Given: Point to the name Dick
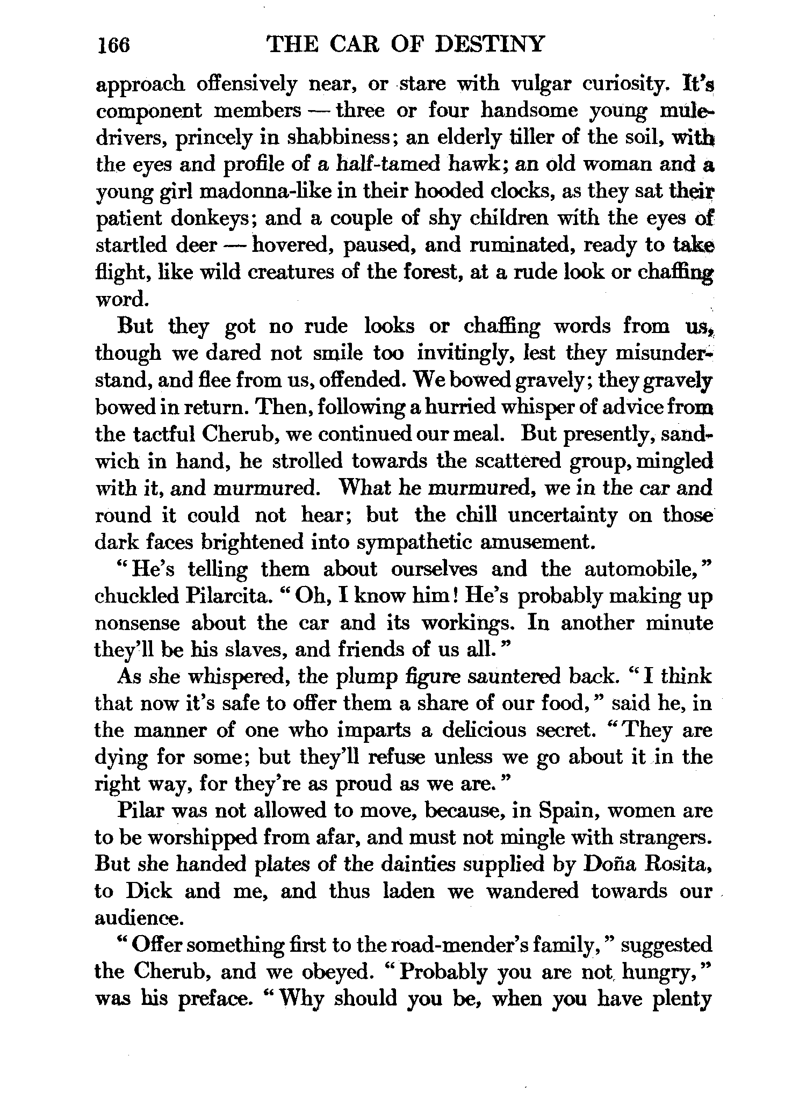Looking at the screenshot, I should point(149,892).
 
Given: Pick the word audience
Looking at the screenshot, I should point(139,919).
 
